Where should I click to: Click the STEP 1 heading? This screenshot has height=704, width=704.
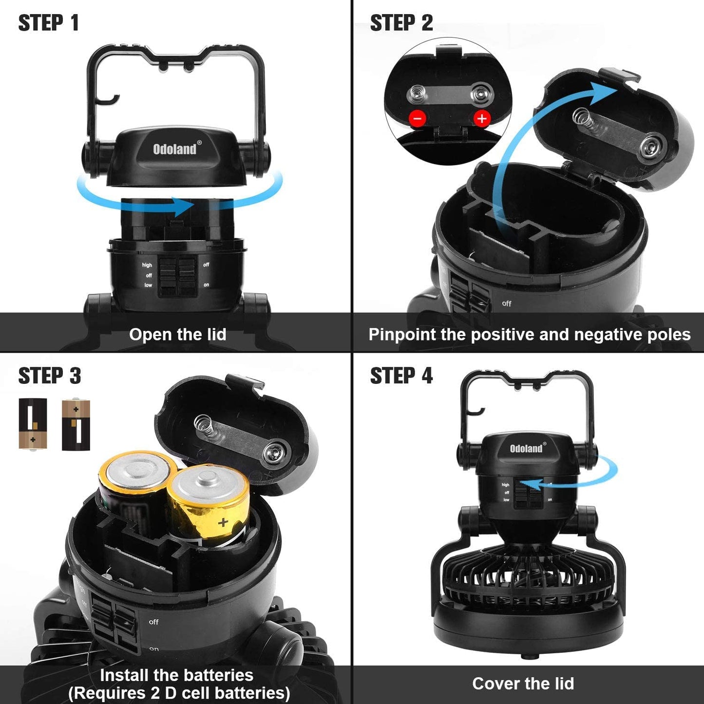(x=48, y=23)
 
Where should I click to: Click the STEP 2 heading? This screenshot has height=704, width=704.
(x=401, y=23)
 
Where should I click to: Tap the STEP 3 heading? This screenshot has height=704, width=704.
(x=49, y=376)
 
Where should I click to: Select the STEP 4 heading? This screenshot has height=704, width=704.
(x=401, y=376)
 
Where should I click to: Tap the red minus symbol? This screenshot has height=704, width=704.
(x=418, y=118)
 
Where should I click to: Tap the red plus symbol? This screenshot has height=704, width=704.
(x=481, y=118)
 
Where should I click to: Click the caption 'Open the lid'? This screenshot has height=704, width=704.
(x=177, y=335)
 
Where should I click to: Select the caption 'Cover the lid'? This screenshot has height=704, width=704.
(x=523, y=684)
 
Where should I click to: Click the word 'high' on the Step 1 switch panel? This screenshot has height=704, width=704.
(x=147, y=265)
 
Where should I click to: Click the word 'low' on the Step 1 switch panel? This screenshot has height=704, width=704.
(x=148, y=285)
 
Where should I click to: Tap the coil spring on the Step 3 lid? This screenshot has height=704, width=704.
(x=205, y=423)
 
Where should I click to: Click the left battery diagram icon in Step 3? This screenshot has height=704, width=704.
(x=33, y=423)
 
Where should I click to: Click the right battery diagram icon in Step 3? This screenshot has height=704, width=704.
(x=76, y=424)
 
